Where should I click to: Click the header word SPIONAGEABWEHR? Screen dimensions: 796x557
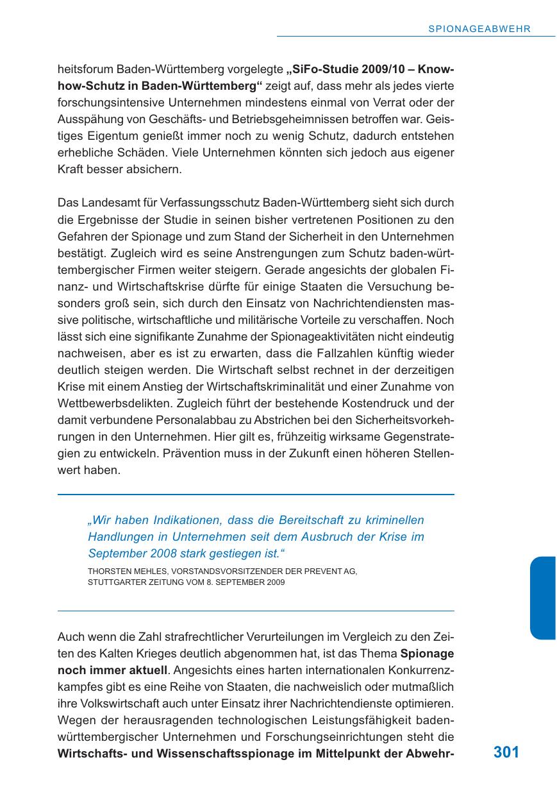pyautogui.click(x=479, y=29)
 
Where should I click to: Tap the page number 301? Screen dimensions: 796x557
pyautogui.click(x=506, y=752)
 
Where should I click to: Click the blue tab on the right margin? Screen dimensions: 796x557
pyautogui.click(x=542, y=597)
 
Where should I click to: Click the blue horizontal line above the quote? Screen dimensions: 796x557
pyautogui.click(x=256, y=495)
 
